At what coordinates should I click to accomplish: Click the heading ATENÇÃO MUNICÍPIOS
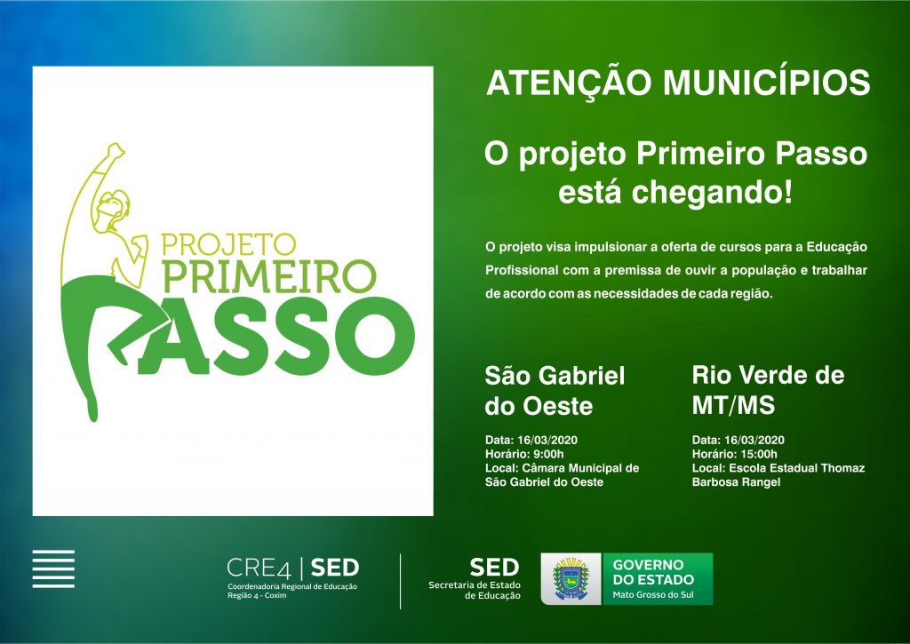pyautogui.click(x=678, y=82)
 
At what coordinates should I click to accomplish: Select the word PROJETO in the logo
pyautogui.click(x=228, y=244)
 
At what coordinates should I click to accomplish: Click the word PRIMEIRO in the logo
pyautogui.click(x=269, y=276)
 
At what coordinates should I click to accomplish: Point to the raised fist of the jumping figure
pyautogui.click(x=116, y=150)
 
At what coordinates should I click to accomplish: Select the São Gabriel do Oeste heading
pyautogui.click(x=555, y=391)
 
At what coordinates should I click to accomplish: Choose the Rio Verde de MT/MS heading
pyautogui.click(x=768, y=390)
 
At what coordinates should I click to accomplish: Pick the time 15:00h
pyautogui.click(x=758, y=454)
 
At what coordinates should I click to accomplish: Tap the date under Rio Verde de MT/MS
pyautogui.click(x=754, y=440)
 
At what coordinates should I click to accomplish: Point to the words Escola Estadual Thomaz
pyautogui.click(x=797, y=467)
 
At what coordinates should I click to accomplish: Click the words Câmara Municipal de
pyautogui.click(x=580, y=467)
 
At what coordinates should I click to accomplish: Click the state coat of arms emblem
pyautogui.click(x=571, y=578)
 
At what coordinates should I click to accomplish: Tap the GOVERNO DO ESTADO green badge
pyautogui.click(x=658, y=578)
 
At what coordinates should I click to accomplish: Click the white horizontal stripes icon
pyautogui.click(x=53, y=568)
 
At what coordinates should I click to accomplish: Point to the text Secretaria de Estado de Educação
pyautogui.click(x=475, y=590)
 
